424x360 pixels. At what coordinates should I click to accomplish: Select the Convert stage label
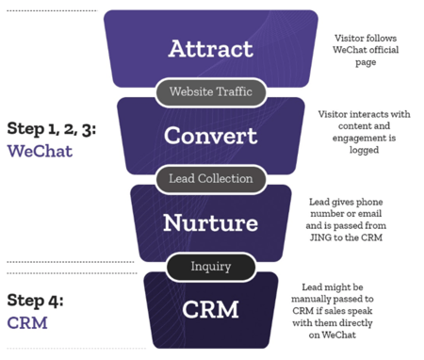[210, 135]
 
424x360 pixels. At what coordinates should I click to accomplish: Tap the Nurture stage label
[210, 222]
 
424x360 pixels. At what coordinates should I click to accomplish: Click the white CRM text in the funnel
[210, 307]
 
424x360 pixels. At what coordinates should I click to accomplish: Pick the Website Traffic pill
[210, 92]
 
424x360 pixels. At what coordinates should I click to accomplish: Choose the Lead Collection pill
[210, 178]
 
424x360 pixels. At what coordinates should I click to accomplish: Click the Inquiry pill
[210, 266]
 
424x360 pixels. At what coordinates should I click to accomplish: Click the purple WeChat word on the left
[37, 150]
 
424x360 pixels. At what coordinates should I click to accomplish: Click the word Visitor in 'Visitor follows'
[350, 39]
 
